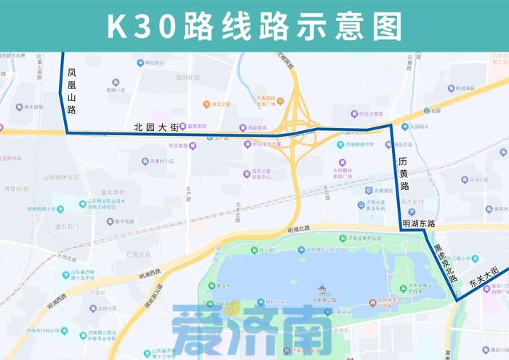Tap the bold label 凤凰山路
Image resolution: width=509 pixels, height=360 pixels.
tap(71, 91)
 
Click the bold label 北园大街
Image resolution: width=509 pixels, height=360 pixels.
tap(156, 127)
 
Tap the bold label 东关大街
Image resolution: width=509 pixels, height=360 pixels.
tap(484, 276)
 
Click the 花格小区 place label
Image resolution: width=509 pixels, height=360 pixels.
tap(116, 91)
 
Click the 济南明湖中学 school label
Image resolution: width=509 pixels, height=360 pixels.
tap(360, 144)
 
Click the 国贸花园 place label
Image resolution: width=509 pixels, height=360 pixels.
tap(188, 76)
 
